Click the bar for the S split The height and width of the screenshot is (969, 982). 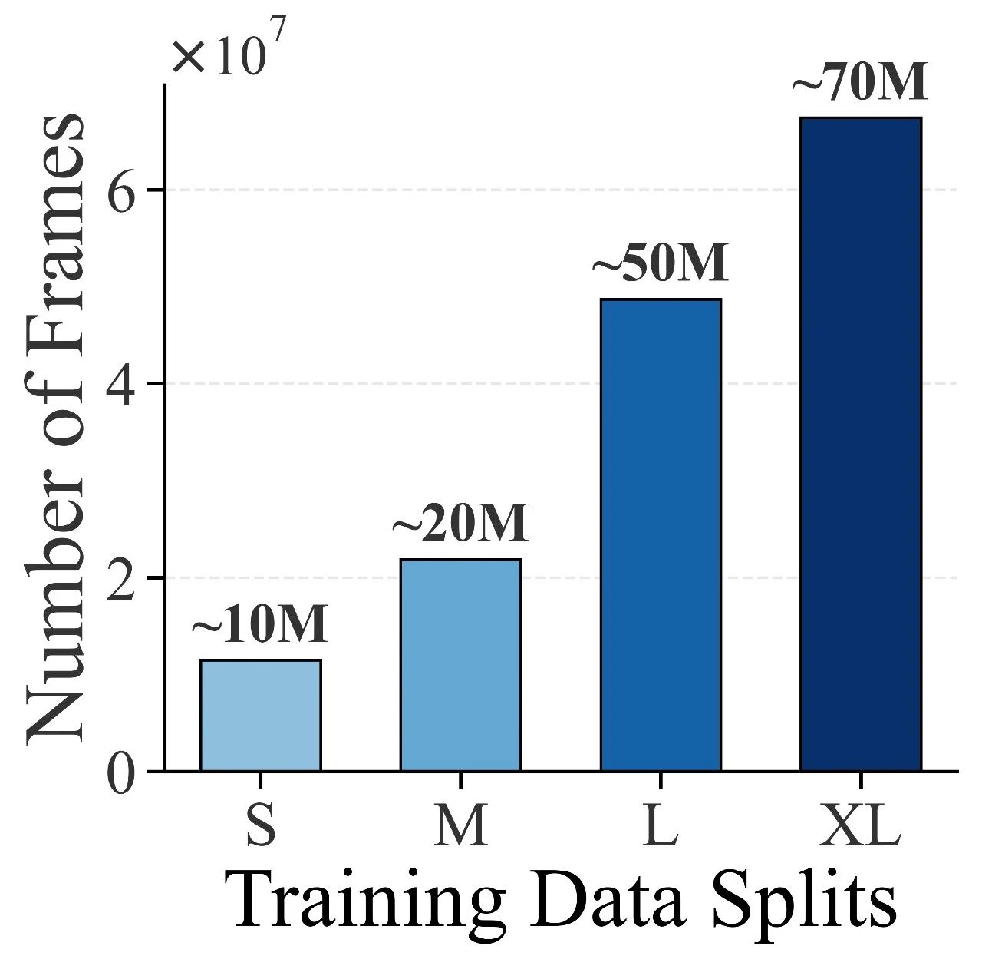[x=261, y=715]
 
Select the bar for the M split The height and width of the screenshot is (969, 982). [x=460, y=665]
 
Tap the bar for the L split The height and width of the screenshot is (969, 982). [x=661, y=534]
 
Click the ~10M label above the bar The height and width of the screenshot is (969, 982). [x=260, y=625]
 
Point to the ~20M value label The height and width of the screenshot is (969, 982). [x=460, y=524]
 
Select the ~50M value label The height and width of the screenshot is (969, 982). [x=661, y=264]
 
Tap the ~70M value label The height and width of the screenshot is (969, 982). [x=860, y=83]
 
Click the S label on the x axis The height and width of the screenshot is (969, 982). [x=261, y=825]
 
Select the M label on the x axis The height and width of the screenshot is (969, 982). [x=460, y=825]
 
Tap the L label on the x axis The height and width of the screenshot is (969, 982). [x=661, y=825]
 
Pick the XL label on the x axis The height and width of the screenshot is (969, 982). [x=860, y=825]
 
